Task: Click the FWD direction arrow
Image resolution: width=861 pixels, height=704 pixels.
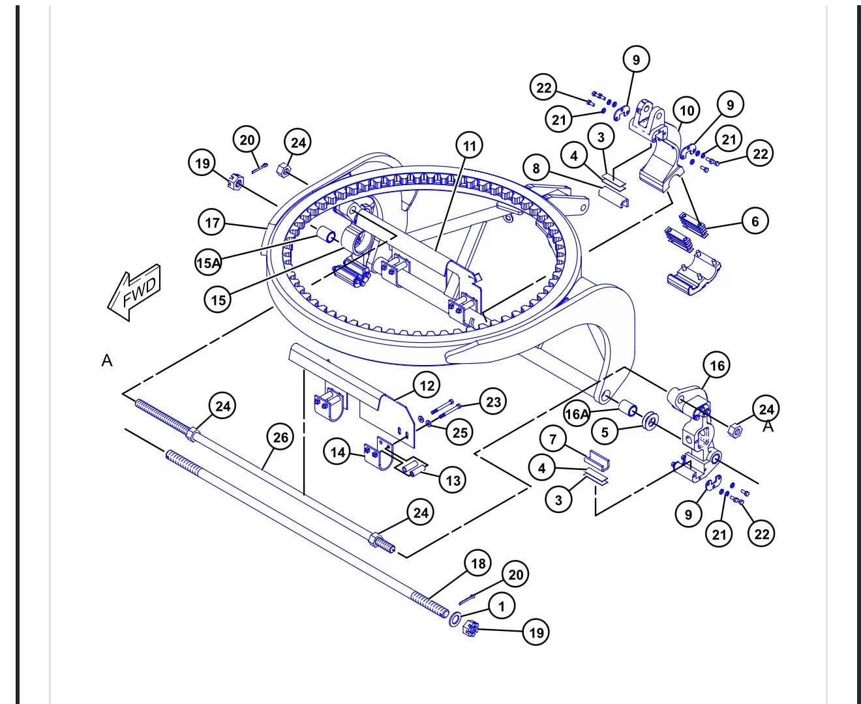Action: (x=134, y=291)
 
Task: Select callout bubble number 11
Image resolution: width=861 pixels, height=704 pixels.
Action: (x=470, y=145)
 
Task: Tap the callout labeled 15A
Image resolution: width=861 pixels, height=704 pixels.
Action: (x=208, y=263)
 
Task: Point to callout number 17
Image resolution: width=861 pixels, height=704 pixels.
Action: (x=213, y=223)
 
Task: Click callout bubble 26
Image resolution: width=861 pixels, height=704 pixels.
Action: (x=280, y=437)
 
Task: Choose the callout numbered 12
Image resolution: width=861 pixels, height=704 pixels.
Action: (x=427, y=386)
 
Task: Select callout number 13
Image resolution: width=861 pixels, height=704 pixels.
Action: (x=453, y=481)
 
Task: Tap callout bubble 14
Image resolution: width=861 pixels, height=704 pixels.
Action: (x=338, y=452)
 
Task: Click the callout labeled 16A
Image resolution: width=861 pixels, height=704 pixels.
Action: (x=577, y=414)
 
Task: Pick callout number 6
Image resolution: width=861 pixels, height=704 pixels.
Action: (x=755, y=221)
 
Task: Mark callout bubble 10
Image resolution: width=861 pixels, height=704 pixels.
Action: (x=687, y=110)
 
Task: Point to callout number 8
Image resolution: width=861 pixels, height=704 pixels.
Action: (x=536, y=169)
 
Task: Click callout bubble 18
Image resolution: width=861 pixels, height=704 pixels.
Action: (x=478, y=564)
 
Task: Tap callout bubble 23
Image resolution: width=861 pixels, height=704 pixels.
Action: (x=493, y=402)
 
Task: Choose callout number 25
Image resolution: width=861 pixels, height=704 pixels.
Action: (x=461, y=432)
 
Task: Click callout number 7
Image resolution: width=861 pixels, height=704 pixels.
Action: (x=553, y=439)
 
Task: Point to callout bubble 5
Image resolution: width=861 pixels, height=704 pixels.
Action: (x=605, y=432)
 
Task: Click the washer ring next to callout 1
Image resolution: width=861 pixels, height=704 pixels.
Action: (x=455, y=619)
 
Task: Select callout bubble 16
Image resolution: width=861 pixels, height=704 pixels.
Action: (x=717, y=366)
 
